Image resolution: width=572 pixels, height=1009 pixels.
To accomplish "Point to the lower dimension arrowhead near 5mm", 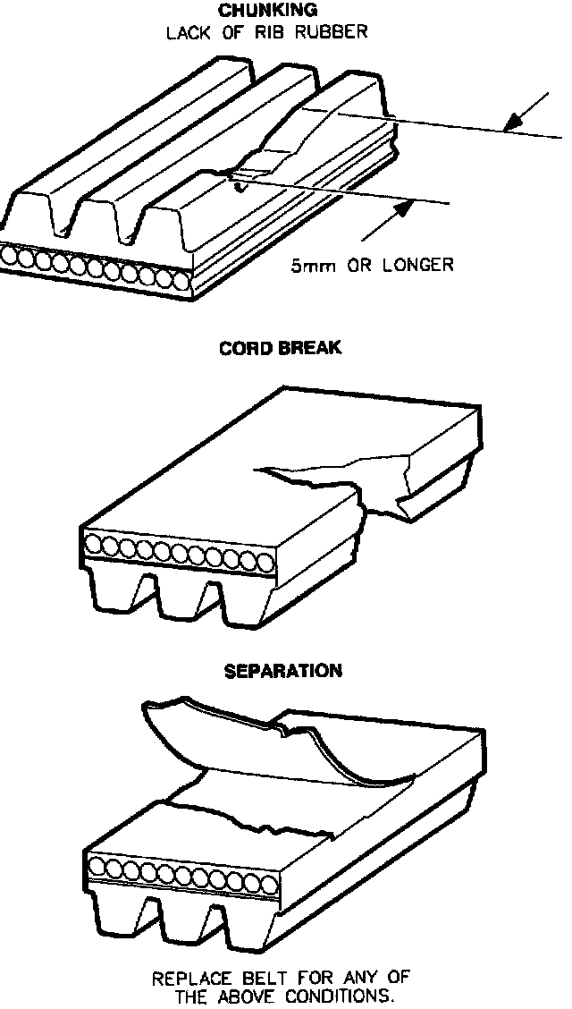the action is [405, 208].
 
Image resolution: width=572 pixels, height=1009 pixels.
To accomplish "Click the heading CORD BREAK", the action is [280, 347].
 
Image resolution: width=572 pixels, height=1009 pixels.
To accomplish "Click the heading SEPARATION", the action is [283, 670].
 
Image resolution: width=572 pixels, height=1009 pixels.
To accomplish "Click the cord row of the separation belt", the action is [179, 868].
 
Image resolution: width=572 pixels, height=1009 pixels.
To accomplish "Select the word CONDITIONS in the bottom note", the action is [341, 996].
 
